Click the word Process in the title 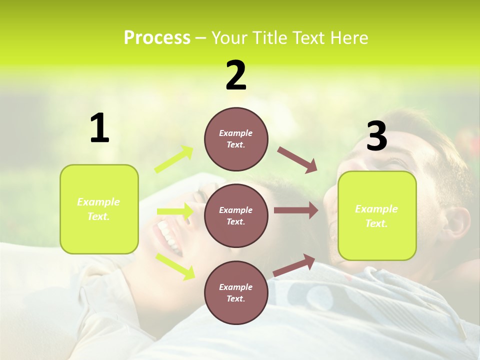(x=157, y=38)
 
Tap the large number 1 (x=99, y=128)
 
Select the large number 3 (x=376, y=136)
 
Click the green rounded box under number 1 (x=99, y=209)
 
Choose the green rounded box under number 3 (x=377, y=216)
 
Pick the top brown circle (x=236, y=138)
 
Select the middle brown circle (x=236, y=215)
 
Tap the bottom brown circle (x=236, y=292)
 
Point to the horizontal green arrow (x=175, y=211)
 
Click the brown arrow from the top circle (x=297, y=160)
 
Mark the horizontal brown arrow (x=296, y=210)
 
